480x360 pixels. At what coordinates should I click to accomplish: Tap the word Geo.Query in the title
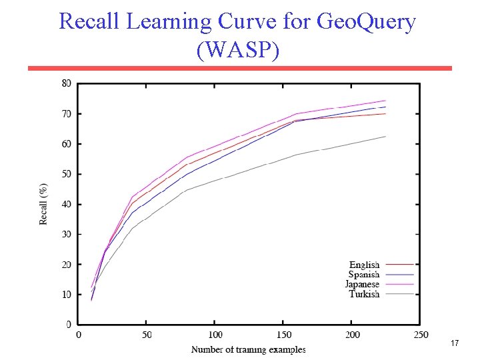tap(366, 21)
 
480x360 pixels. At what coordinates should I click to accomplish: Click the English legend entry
tap(364, 265)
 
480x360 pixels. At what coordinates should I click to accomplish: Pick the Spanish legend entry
tap(364, 275)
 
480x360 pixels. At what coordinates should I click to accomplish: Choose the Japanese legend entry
tap(362, 284)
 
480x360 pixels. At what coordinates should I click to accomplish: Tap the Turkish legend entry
tap(364, 294)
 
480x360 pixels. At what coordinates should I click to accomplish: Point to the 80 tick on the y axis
tap(67, 83)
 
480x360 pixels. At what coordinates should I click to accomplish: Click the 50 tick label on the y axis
tap(67, 174)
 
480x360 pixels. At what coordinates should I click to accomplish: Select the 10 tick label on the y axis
tap(67, 295)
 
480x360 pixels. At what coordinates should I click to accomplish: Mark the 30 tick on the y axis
tap(67, 235)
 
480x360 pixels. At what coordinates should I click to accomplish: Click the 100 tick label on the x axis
tap(215, 335)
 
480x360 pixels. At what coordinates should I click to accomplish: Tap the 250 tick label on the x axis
tap(420, 335)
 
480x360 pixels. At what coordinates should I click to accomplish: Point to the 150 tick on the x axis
tap(284, 335)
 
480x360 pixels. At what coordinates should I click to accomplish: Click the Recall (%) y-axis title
tap(44, 204)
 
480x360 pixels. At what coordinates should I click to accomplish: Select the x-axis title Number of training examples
tap(249, 349)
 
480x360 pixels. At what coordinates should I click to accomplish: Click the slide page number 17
tap(455, 343)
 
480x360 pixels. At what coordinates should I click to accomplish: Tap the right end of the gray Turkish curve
tap(385, 137)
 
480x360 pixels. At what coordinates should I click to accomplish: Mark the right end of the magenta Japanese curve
tap(385, 101)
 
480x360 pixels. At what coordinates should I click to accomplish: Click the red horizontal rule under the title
tap(239, 68)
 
